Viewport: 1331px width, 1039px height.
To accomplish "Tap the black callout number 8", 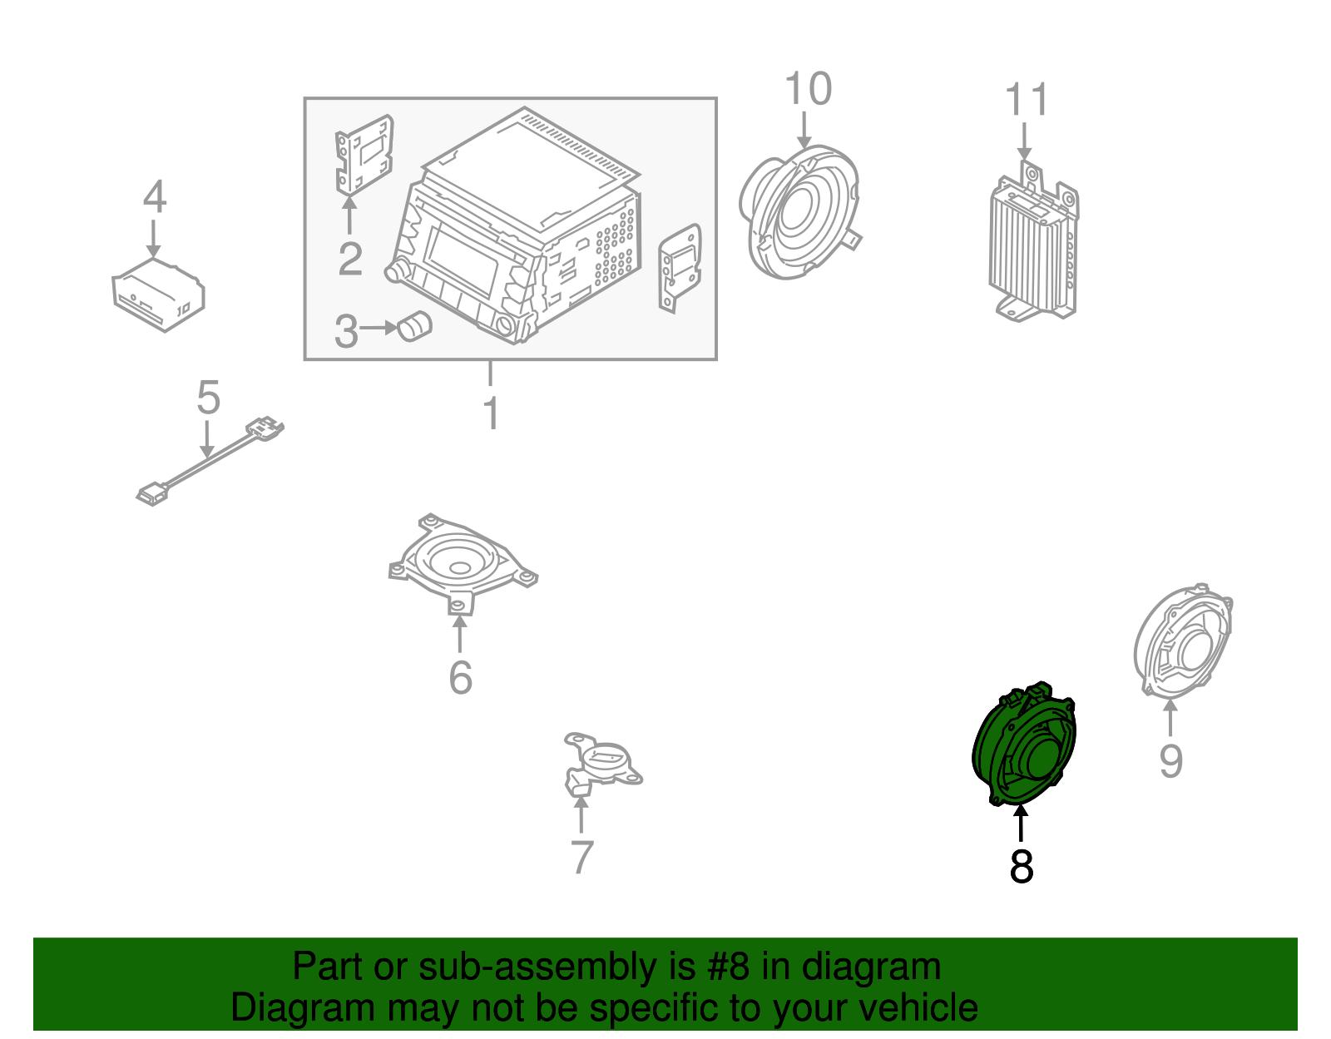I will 1022,866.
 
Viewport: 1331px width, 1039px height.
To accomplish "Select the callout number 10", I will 808,89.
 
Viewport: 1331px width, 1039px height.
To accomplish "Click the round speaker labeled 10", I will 799,212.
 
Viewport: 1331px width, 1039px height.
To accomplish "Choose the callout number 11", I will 1027,100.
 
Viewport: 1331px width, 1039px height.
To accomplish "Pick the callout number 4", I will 155,197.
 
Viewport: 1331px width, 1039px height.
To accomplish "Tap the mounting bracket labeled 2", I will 364,155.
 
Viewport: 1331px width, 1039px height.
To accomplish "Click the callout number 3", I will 346,331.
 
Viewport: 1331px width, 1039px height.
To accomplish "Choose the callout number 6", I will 460,677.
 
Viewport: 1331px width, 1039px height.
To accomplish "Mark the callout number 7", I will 582,857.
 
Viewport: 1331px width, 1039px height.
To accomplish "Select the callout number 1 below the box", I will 492,413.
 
